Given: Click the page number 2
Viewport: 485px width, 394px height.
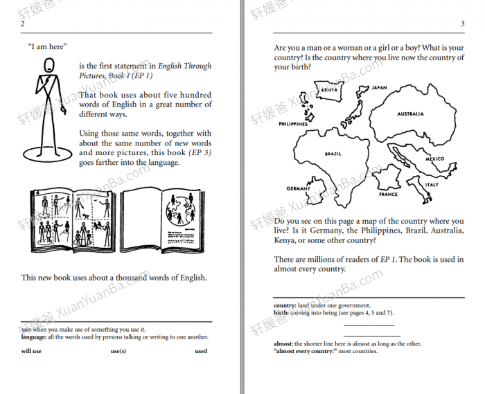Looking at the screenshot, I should [23, 24].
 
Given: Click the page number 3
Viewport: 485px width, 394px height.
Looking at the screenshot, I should [462, 24].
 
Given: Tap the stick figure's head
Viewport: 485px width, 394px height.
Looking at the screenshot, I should [49, 66].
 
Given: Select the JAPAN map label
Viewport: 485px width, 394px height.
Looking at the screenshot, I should [379, 88].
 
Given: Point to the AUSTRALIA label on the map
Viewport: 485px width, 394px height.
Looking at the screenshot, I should [410, 114].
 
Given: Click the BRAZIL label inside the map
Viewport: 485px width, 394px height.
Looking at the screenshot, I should [333, 154].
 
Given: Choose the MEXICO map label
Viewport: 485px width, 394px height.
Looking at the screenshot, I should [434, 159].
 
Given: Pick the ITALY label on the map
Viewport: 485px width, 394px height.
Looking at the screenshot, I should [432, 185].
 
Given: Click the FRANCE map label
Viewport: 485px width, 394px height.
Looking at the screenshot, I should [388, 195].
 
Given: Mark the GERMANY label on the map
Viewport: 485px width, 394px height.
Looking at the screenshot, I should [299, 188].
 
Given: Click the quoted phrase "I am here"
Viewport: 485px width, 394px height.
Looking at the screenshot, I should [46, 46].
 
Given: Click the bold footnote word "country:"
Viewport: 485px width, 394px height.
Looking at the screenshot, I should [285, 305].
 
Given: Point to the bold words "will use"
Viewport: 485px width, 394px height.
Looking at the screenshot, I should [31, 351].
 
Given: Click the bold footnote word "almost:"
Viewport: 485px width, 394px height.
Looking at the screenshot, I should [284, 343].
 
